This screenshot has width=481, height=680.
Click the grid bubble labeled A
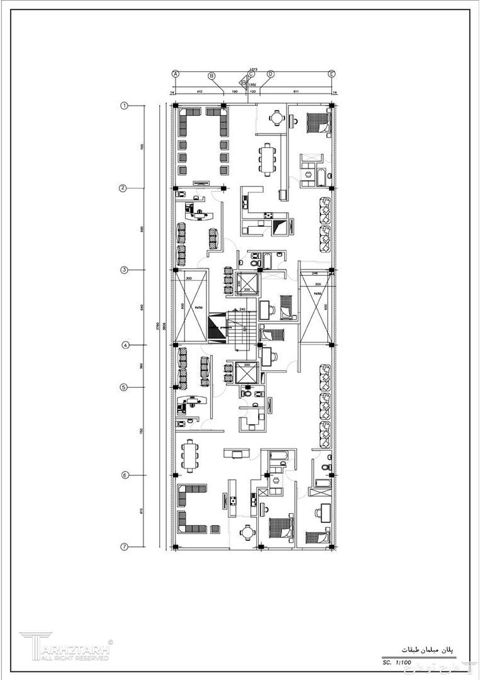pos(176,74)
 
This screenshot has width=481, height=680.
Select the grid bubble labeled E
pos(332,74)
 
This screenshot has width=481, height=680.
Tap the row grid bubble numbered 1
pos(125,106)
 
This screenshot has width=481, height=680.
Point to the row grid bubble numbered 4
pos(125,345)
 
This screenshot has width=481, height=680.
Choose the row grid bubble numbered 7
pos(125,547)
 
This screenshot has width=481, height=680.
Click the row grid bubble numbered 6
pos(125,475)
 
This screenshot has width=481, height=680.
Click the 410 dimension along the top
pos(200,92)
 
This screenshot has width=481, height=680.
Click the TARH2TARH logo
pos(66,647)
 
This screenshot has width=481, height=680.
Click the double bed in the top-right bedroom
pos(318,122)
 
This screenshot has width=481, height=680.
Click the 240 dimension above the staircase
pos(241,310)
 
